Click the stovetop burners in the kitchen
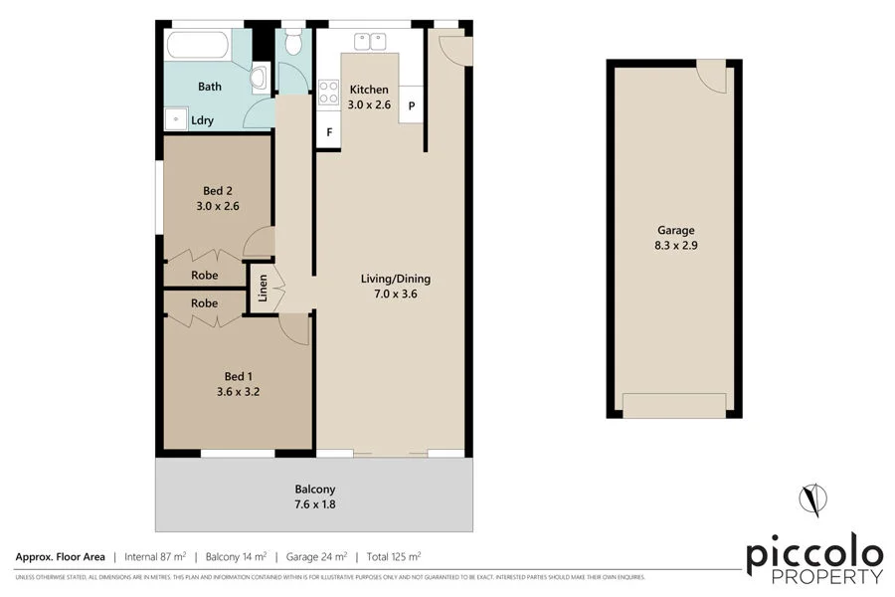coord(327,94)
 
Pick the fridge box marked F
coord(327,131)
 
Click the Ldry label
coord(203,120)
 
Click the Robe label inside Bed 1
coord(204,302)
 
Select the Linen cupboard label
coord(263,288)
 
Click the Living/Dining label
coord(395,279)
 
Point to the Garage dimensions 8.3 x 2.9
coord(674,245)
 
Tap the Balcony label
coord(314,489)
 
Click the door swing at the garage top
coord(710,74)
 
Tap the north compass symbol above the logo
coord(813,499)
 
